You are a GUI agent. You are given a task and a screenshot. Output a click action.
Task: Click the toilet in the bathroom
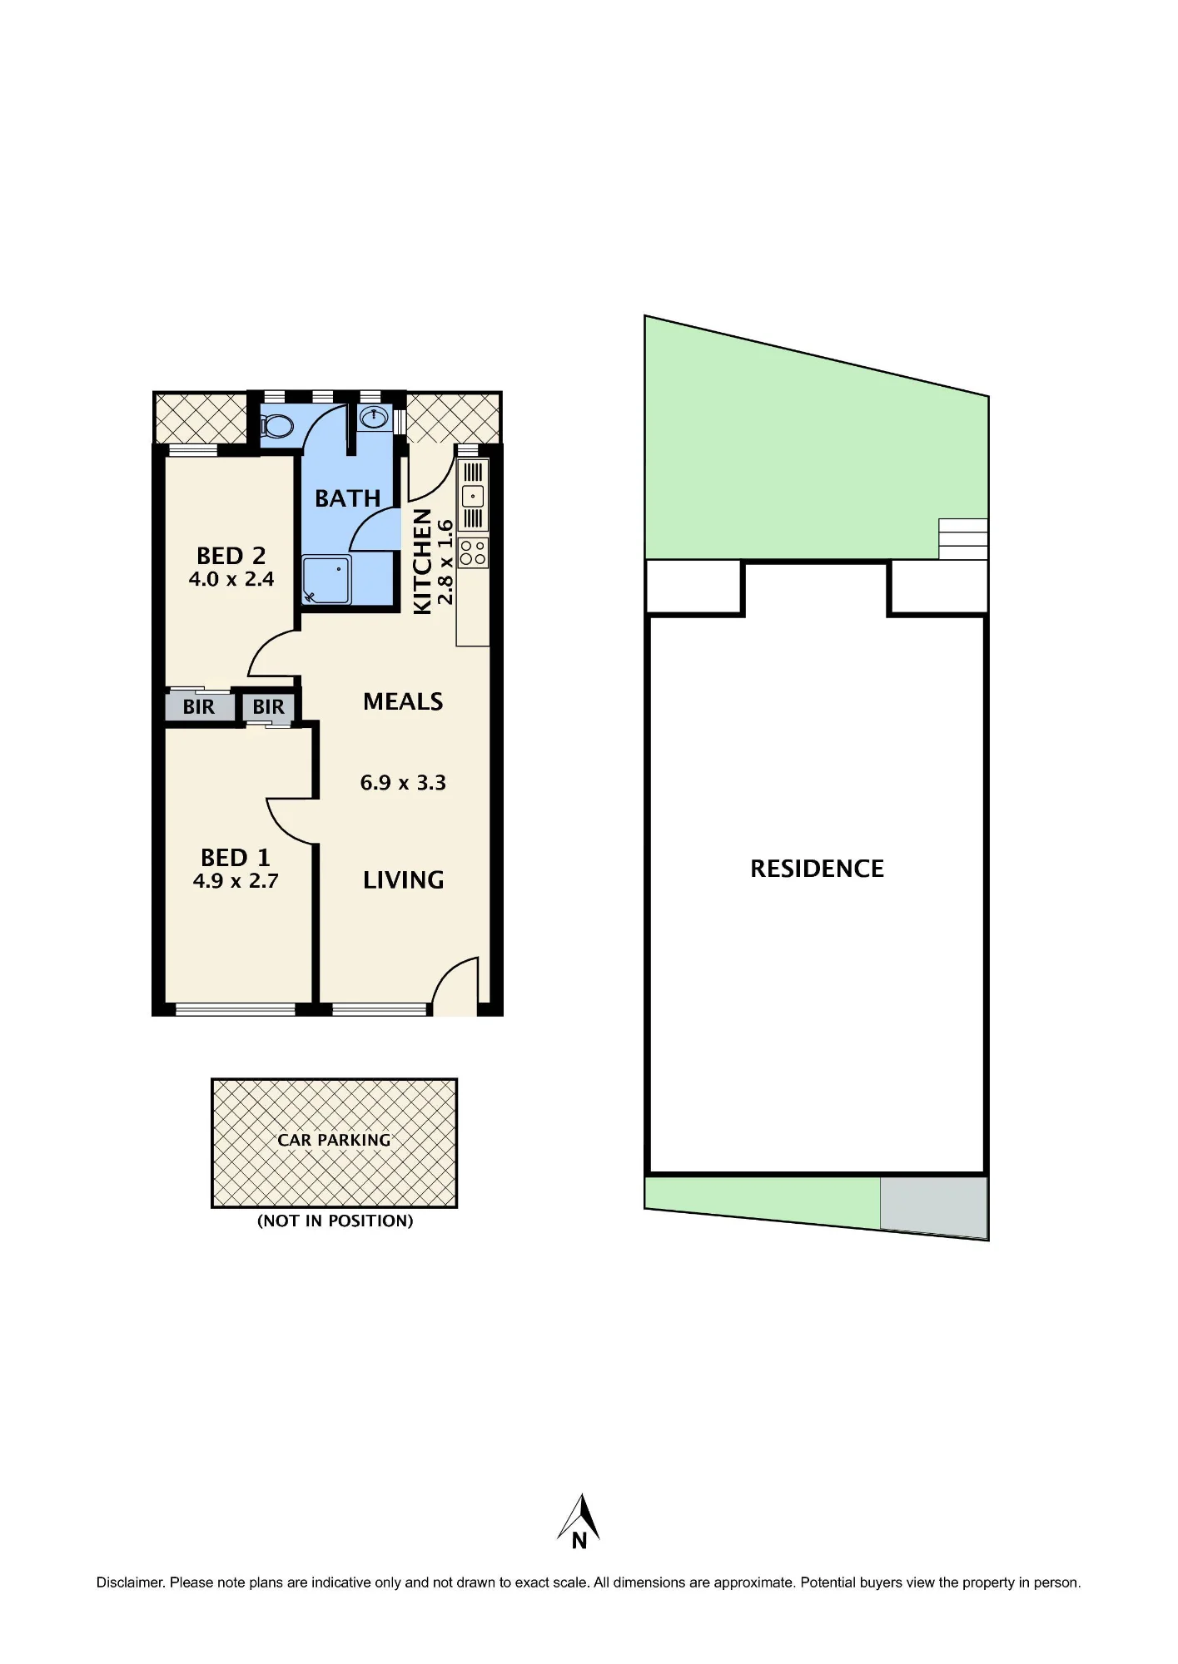point(277,426)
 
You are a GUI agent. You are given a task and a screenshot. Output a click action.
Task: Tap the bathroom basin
point(375,417)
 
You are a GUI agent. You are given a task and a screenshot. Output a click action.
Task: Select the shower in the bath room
point(326,580)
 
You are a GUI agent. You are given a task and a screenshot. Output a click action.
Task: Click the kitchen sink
point(473,496)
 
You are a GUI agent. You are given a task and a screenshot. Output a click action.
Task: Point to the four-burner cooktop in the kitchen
point(473,552)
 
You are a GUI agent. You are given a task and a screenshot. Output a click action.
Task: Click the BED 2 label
point(231,555)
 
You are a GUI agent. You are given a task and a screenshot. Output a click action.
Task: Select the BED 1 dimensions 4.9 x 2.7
point(236,881)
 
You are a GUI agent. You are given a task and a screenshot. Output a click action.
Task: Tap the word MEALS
point(403,701)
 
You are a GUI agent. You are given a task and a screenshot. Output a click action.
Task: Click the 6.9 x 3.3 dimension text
point(403,783)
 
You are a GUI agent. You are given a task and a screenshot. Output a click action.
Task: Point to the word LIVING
point(404,880)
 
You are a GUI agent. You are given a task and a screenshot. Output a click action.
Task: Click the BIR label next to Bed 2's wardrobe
point(198,707)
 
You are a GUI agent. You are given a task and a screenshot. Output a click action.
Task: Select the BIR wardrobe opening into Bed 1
point(268,707)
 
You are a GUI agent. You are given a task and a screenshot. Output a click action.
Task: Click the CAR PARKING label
point(334,1140)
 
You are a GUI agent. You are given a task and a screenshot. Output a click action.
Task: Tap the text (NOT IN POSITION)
point(336,1221)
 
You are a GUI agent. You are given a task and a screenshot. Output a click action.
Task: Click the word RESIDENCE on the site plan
point(817,869)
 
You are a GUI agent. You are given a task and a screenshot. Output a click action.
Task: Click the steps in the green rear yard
point(963,539)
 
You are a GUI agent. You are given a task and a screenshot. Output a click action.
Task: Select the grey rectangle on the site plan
point(934,1206)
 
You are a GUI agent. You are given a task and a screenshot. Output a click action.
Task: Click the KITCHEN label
point(423,562)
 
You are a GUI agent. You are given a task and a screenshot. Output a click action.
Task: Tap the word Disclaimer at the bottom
point(131,1582)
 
